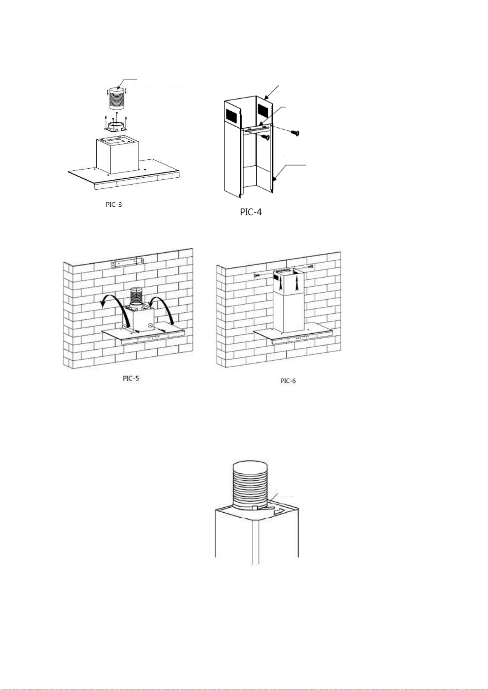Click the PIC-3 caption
114,204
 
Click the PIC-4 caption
251,212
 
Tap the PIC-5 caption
131,378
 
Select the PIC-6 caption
288,381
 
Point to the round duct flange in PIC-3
116,126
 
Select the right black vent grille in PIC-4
264,111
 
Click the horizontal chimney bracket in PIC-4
257,127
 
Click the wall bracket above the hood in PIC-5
127,263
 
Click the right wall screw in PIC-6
310,266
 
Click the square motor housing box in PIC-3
117,155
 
